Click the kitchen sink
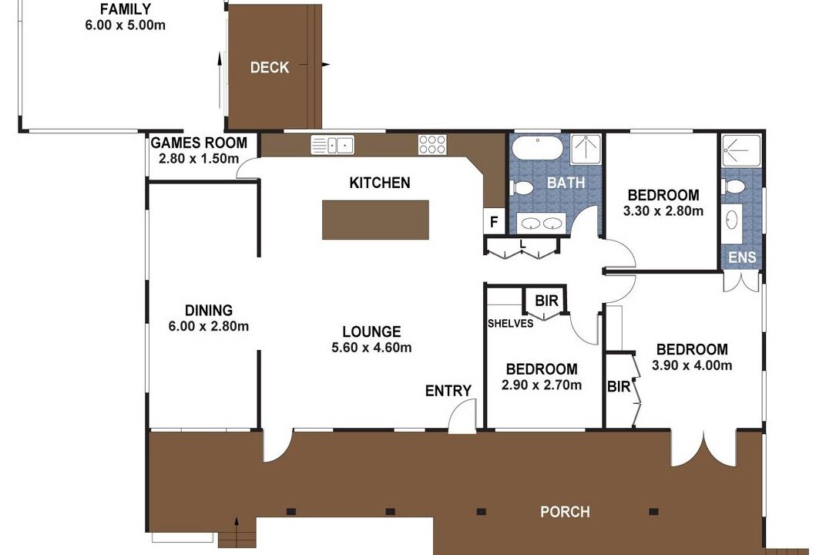tap(332, 144)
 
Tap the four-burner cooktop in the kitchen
tap(432, 144)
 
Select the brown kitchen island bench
tap(375, 220)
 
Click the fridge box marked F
tap(494, 222)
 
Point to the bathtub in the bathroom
tap(538, 147)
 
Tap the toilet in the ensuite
tap(734, 186)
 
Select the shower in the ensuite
tap(741, 150)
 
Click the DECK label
tap(270, 68)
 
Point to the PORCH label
tap(566, 512)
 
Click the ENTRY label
tap(448, 391)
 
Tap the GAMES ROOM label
tap(199, 143)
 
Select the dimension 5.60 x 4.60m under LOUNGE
tap(371, 348)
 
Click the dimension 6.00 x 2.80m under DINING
tap(209, 326)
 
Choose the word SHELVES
tap(510, 324)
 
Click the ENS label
tap(742, 257)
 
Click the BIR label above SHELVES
tap(546, 301)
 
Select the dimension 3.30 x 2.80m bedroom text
tap(663, 211)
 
